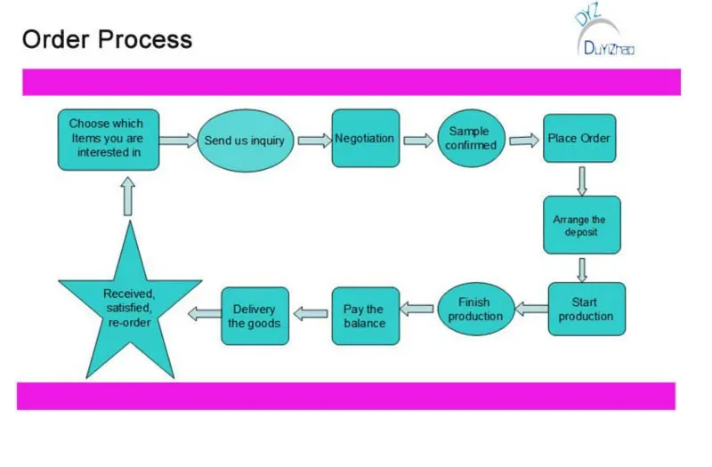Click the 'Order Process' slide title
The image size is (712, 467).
[107, 39]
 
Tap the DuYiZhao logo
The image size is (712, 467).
[604, 32]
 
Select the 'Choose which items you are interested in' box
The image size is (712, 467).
[109, 140]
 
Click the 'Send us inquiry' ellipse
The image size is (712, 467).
[246, 141]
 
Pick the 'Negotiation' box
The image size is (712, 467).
[366, 139]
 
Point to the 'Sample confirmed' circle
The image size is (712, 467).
[471, 138]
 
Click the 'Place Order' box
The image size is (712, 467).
[579, 139]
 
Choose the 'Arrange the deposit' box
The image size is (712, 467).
[582, 225]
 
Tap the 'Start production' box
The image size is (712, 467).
[587, 309]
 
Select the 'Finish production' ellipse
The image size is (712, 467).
[476, 309]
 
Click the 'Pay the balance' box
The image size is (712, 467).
[366, 316]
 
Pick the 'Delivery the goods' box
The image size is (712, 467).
[255, 316]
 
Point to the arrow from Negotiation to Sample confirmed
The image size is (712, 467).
[418, 141]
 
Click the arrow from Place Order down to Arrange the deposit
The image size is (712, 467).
[582, 181]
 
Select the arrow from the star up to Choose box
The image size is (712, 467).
[128, 196]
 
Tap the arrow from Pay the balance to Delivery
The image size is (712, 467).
[311, 314]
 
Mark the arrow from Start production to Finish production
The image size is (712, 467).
[531, 309]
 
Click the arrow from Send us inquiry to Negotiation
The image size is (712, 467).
[315, 141]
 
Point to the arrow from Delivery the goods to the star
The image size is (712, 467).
[205, 314]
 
